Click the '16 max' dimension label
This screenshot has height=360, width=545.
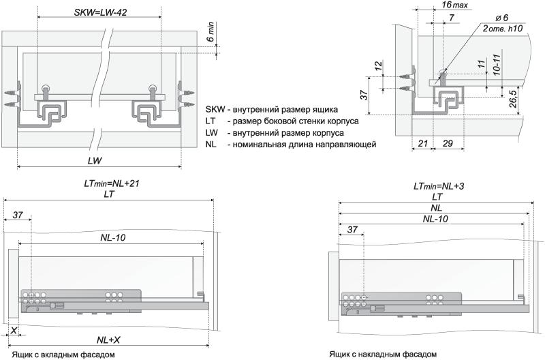[455, 5]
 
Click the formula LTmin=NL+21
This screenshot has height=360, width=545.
[110, 183]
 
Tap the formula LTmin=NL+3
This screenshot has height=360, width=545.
[439, 185]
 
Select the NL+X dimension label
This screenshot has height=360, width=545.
[110, 339]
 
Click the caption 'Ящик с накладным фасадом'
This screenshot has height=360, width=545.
[382, 354]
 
